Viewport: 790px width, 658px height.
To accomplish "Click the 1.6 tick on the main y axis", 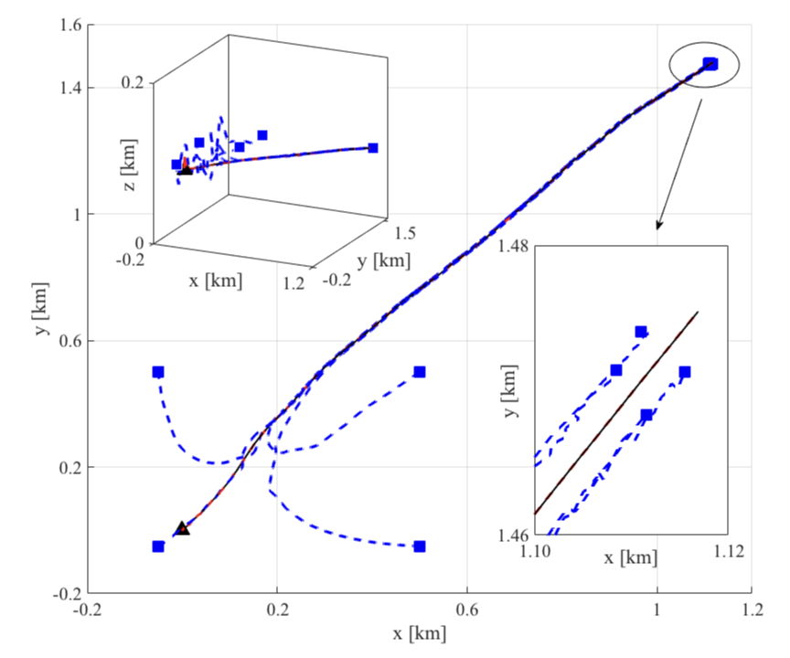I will click(x=70, y=26).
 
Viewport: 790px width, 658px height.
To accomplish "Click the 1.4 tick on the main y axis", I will click(x=70, y=89).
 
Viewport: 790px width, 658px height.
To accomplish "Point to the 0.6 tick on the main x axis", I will click(x=467, y=609).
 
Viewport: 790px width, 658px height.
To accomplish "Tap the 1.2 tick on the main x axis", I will click(x=752, y=609).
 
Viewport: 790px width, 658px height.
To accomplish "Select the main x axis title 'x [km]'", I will click(x=420, y=632).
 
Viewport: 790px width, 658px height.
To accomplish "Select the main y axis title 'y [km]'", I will click(x=42, y=308).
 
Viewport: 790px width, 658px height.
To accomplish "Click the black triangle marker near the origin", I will click(x=182, y=528).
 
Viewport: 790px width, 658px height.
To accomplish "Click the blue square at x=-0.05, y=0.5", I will click(x=158, y=372).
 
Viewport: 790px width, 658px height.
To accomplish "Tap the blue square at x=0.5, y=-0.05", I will click(x=420, y=547).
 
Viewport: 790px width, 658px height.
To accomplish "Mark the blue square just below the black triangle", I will click(x=158, y=547).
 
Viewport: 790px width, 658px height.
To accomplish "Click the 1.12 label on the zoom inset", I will click(x=728, y=551).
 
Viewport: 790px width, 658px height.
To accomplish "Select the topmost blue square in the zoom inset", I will click(x=641, y=332).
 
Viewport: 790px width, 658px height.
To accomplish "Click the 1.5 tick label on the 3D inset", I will click(x=402, y=233).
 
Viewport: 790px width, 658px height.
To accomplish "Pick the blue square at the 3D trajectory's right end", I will click(x=373, y=148).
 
